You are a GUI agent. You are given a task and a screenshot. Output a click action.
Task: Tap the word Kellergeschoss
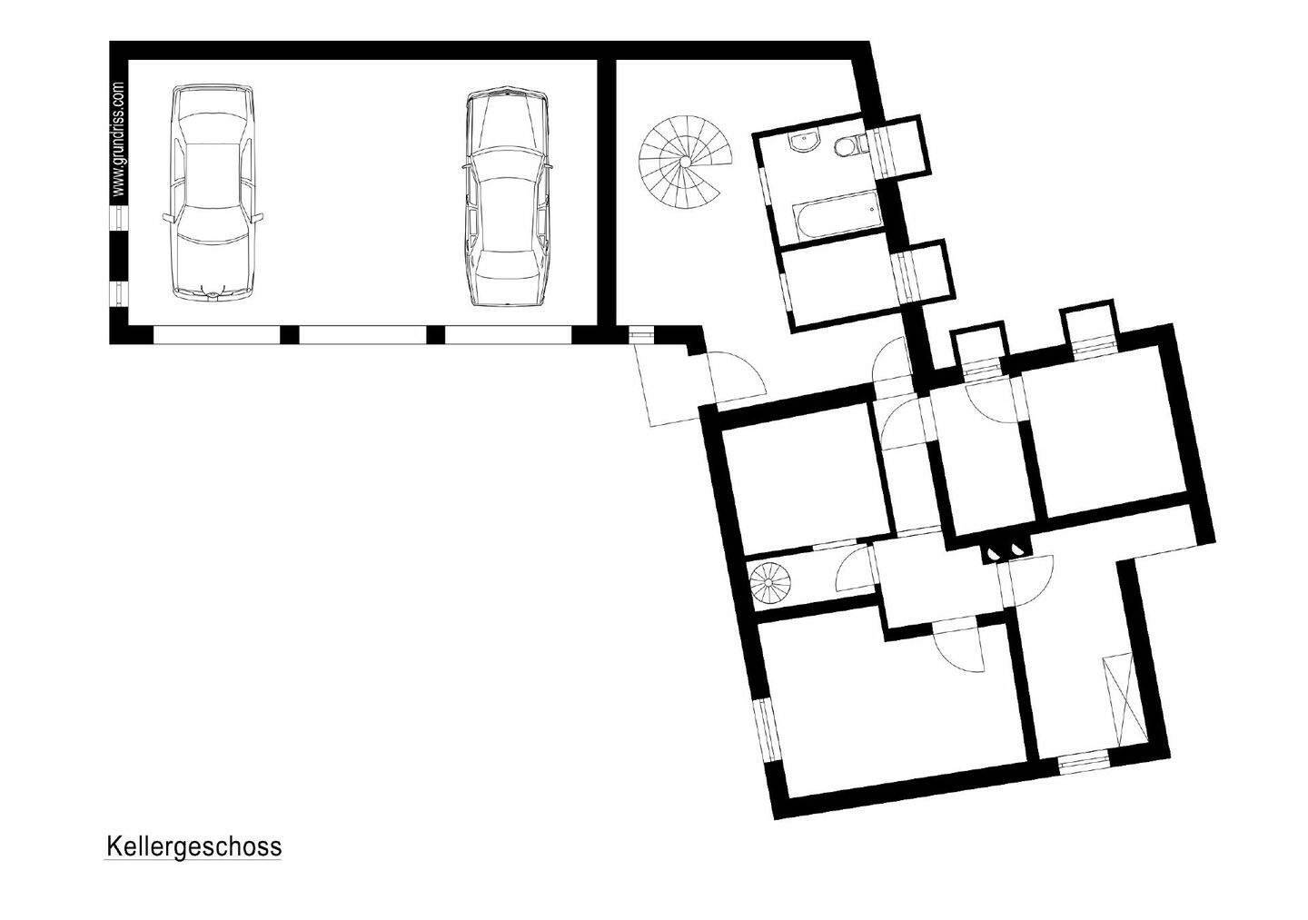(193, 846)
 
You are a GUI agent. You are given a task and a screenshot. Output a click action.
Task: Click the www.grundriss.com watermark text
(118, 141)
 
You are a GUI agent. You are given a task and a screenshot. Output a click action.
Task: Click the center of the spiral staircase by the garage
(683, 162)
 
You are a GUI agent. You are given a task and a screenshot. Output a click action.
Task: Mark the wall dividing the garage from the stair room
(606, 191)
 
